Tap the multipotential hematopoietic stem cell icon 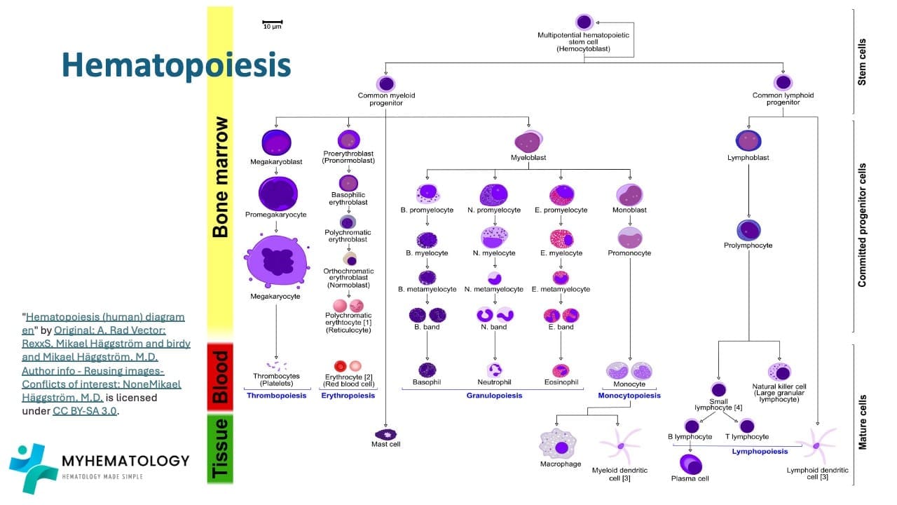pyautogui.click(x=584, y=22)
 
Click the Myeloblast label pyautogui.click(x=529, y=158)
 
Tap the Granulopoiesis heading pyautogui.click(x=494, y=396)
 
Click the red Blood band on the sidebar pyautogui.click(x=220, y=376)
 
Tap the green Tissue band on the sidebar pyautogui.click(x=220, y=448)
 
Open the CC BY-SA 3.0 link pyautogui.click(x=85, y=411)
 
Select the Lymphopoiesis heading pyautogui.click(x=760, y=452)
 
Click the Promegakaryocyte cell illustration pyautogui.click(x=278, y=193)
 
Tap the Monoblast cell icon pyautogui.click(x=629, y=194)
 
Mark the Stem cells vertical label pyautogui.click(x=862, y=62)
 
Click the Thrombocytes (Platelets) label pyautogui.click(x=276, y=379)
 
